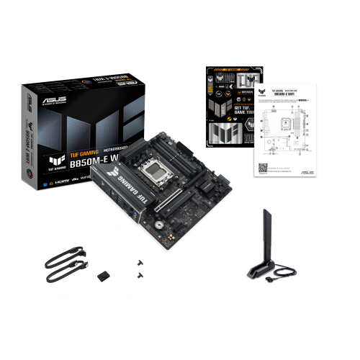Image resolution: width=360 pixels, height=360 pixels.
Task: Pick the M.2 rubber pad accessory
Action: click(x=102, y=276)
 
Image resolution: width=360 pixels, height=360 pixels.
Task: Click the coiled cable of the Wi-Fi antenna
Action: click(x=284, y=273)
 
